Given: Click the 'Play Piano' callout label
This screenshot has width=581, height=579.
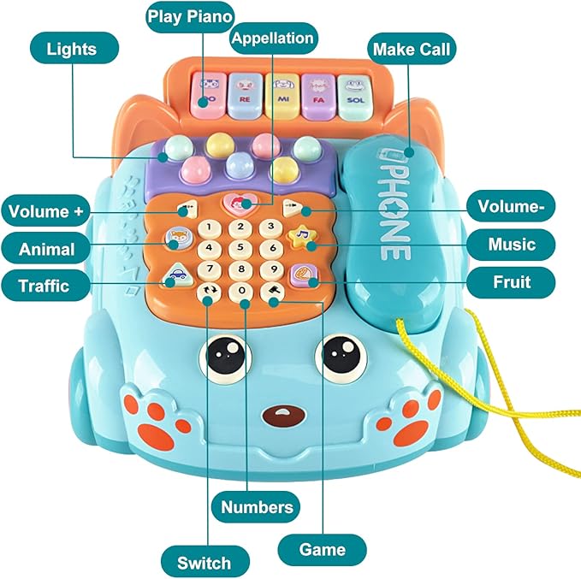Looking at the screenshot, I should click(189, 16).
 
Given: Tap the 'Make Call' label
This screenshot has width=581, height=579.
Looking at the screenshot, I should click(412, 49).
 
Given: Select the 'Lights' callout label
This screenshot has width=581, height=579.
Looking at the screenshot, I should click(72, 49).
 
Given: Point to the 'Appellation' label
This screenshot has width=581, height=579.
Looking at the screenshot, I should click(273, 38).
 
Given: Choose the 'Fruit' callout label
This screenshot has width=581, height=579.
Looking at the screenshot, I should click(511, 281).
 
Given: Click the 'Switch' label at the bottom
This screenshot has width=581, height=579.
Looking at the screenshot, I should click(204, 562).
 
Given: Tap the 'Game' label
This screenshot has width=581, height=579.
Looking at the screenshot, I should click(322, 548).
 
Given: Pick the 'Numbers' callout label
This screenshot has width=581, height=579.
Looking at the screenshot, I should click(257, 506).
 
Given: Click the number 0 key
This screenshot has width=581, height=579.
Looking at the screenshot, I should click(244, 292).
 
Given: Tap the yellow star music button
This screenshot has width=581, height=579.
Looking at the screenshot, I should click(299, 236).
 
